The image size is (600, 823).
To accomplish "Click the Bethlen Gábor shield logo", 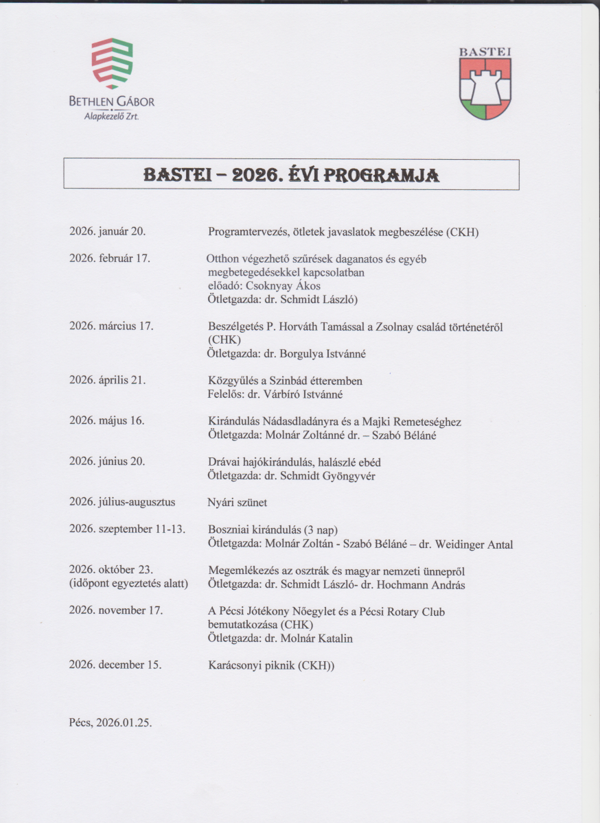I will [x=111, y=63].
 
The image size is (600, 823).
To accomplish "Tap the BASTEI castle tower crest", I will [x=485, y=88].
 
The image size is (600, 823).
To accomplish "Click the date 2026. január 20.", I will [x=107, y=232].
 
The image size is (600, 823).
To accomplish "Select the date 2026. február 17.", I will [x=110, y=259].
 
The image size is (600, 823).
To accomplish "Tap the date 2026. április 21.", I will [x=108, y=381].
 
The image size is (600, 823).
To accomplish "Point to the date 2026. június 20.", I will [x=106, y=461].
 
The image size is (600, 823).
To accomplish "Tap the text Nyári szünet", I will [x=238, y=503].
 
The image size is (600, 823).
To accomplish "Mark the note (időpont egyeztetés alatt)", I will [x=128, y=584].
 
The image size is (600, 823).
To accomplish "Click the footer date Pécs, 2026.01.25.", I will [x=111, y=723].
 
